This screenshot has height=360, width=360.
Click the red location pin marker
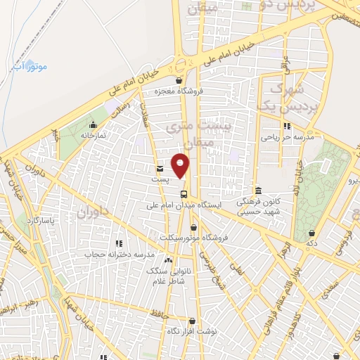181,166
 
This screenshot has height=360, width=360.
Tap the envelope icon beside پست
160,169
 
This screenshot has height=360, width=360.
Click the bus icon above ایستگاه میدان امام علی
184,194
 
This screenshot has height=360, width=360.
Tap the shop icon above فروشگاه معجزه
179,81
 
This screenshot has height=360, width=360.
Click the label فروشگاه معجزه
180,91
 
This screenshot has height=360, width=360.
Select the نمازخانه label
91,135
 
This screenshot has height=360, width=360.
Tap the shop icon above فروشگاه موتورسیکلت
193,226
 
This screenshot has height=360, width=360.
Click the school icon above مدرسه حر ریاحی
287,127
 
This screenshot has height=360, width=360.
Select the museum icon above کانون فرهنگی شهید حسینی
259,191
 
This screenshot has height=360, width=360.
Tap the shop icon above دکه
311,233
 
